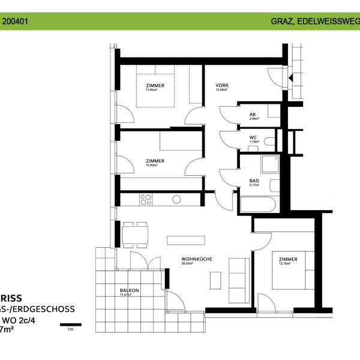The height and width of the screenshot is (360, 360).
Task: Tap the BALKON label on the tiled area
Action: point(130,290)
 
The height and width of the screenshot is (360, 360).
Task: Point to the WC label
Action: point(254,137)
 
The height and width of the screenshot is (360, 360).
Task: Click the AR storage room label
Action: point(253,113)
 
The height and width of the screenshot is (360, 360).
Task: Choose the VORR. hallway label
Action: point(223,86)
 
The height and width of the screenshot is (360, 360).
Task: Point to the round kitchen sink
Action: point(176,199)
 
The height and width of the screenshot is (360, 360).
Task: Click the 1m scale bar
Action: point(70,324)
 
